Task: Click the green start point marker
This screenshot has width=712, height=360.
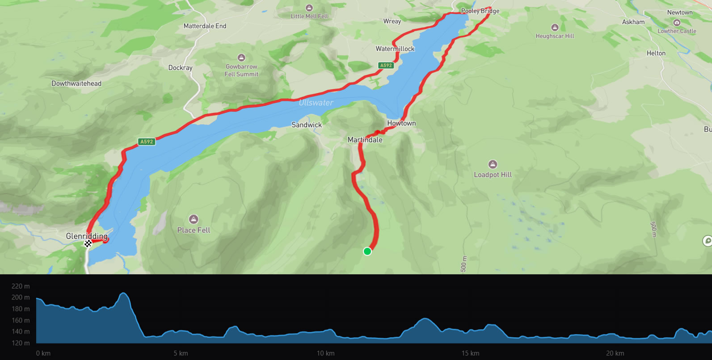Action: coord(367,251)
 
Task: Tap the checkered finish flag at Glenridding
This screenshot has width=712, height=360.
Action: coord(88,243)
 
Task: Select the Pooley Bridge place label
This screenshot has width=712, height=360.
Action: coord(480,11)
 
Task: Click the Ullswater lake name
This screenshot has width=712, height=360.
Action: coord(316,103)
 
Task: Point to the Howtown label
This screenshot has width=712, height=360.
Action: coord(401,123)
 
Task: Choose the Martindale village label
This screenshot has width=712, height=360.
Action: coord(365,140)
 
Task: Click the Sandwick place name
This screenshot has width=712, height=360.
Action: coord(307,125)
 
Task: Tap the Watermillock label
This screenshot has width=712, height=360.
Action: coord(395,49)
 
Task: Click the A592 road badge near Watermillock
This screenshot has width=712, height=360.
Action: coord(386,65)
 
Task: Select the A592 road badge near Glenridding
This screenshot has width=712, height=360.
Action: coord(147,142)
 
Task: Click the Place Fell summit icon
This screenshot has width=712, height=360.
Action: coord(194,219)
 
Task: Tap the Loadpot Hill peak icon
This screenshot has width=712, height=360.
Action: coord(493,164)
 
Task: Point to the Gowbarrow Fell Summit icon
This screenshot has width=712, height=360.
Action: coord(241,58)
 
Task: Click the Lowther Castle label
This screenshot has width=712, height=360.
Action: coord(677,31)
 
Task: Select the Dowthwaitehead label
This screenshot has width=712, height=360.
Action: coord(76,84)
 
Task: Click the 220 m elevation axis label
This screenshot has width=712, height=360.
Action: coord(21,286)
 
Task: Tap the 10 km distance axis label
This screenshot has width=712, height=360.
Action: coord(325,353)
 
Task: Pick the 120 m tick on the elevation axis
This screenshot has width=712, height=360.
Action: coord(21,343)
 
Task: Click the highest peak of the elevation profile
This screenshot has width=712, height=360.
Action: coord(123,293)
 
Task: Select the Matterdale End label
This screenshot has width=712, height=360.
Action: coord(205,26)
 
